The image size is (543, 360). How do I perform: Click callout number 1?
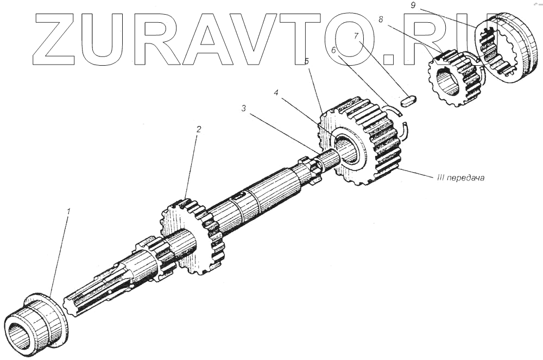tap(68, 212)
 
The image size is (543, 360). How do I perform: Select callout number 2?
tap(199, 129)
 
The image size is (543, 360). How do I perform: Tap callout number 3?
tap(244, 108)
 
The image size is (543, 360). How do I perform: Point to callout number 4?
tap(276, 93)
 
